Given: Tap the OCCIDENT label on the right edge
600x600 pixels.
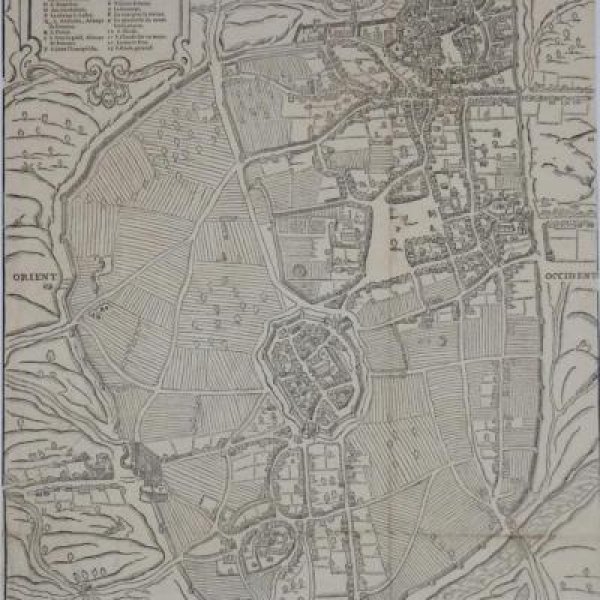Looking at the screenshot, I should pyautogui.click(x=570, y=268).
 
